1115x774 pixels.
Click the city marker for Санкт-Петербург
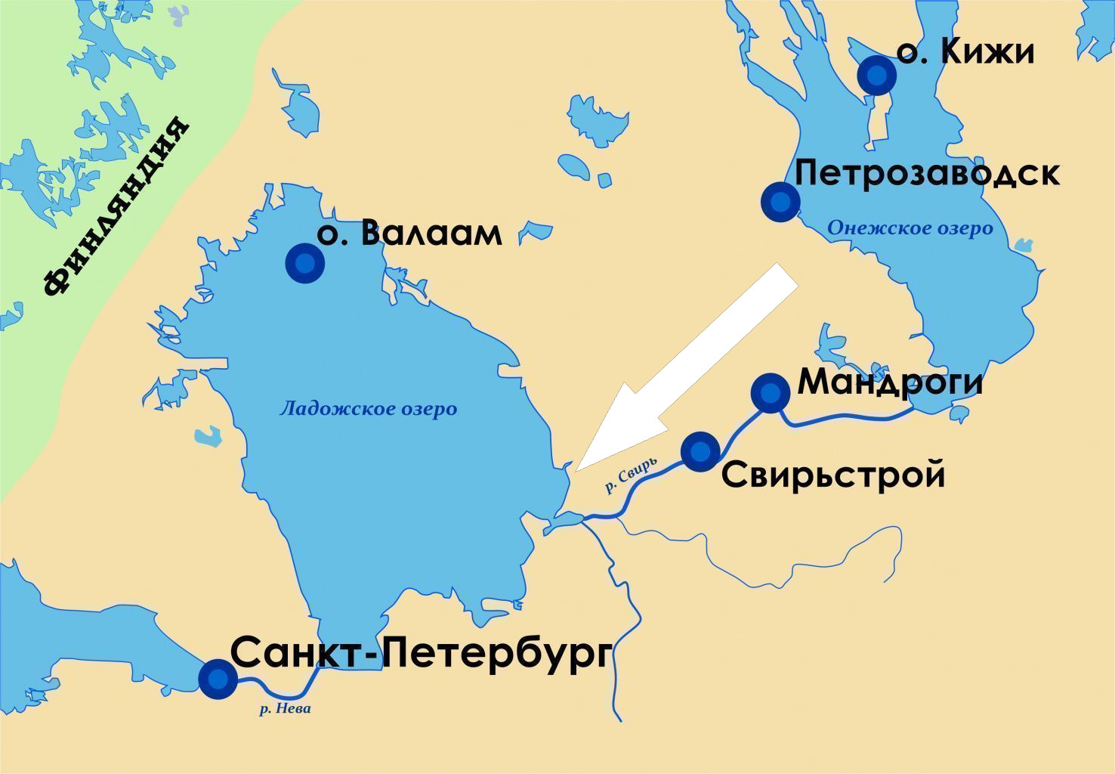[217, 678]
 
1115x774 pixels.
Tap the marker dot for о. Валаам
[305, 263]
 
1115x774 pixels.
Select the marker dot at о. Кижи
[876, 75]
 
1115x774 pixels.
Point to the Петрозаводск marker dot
[780, 201]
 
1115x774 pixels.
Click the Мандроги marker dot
[770, 392]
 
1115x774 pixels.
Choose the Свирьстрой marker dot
[700, 451]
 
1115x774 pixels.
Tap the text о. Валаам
[409, 233]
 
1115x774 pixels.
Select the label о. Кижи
[965, 52]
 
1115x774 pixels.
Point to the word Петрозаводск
[927, 173]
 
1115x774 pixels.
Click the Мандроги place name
[891, 382]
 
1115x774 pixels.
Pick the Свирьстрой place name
[833, 475]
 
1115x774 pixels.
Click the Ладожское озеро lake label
[368, 409]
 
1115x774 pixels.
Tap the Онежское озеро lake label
[910, 228]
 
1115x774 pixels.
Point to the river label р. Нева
[285, 709]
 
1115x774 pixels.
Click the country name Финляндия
[115, 206]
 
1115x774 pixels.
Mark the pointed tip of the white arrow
[577, 470]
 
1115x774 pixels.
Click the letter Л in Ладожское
[286, 410]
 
